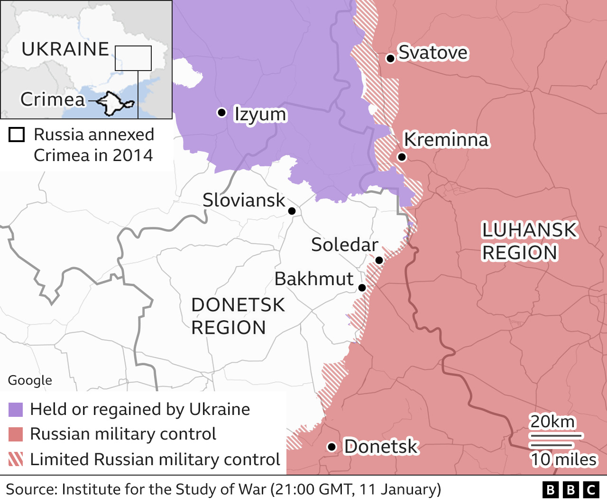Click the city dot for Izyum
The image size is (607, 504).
click(221, 112)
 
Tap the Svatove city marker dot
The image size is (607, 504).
click(390, 58)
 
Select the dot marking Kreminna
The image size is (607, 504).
click(402, 157)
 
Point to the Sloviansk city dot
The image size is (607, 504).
click(292, 211)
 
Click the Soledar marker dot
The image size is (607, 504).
click(379, 260)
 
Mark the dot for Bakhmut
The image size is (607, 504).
click(362, 288)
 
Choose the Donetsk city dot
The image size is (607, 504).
click(332, 447)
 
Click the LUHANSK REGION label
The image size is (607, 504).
click(529, 241)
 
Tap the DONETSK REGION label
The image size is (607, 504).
click(238, 316)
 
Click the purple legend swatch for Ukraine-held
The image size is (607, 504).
click(16, 410)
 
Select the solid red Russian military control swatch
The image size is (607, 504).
click(16, 434)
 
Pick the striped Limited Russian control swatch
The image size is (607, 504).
click(16, 459)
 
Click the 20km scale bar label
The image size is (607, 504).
click(552, 421)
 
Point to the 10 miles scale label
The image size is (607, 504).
click(563, 459)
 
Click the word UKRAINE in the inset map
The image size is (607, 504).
click(65, 49)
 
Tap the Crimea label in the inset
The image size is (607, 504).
click(53, 99)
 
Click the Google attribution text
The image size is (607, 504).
click(30, 380)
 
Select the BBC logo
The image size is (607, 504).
click(571, 490)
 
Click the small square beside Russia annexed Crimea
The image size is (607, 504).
click(17, 135)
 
